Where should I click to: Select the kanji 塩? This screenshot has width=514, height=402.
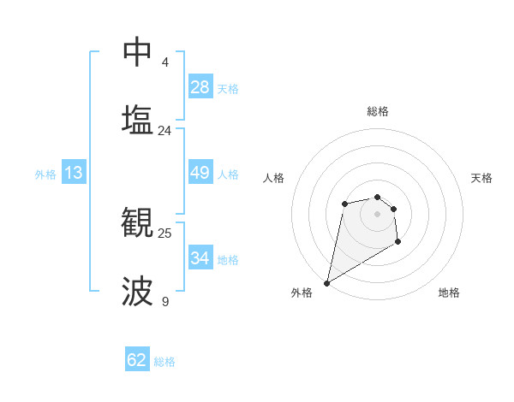pyautogui.click(x=137, y=119)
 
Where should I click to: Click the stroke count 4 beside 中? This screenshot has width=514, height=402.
pyautogui.click(x=165, y=62)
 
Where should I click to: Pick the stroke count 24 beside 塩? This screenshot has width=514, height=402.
pyautogui.click(x=165, y=131)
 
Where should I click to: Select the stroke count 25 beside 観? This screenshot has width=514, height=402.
pyautogui.click(x=165, y=233)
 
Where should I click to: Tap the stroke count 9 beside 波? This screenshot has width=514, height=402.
pyautogui.click(x=165, y=302)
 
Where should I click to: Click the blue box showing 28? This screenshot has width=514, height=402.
pyautogui.click(x=200, y=87)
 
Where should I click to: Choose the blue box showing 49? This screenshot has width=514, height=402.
pyautogui.click(x=200, y=173)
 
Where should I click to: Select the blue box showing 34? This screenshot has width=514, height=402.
pyautogui.click(x=200, y=257)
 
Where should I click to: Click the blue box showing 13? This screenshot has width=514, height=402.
pyautogui.click(x=74, y=173)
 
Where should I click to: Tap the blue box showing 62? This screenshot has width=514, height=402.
pyautogui.click(x=137, y=360)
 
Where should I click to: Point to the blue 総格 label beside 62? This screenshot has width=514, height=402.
pyautogui.click(x=164, y=362)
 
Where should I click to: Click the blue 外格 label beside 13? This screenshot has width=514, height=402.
pyautogui.click(x=45, y=174)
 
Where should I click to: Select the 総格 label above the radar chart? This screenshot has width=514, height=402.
pyautogui.click(x=378, y=111)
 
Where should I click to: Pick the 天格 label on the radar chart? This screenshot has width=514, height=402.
pyautogui.click(x=481, y=178)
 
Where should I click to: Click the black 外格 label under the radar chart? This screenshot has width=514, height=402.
pyautogui.click(x=302, y=293)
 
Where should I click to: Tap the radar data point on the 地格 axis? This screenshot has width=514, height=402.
pyautogui.click(x=397, y=243)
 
